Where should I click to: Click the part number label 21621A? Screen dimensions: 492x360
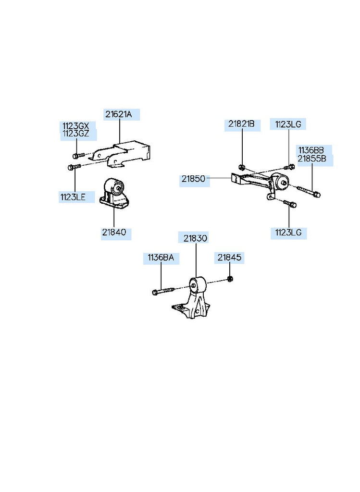[118, 114]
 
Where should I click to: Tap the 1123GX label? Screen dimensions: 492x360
[75, 126]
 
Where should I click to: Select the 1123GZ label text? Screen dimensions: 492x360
[75, 134]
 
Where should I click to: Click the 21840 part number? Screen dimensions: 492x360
[114, 233]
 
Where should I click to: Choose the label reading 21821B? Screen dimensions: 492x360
[241, 124]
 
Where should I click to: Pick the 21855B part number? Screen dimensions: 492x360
[312, 158]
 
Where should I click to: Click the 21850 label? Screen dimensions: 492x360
[193, 179]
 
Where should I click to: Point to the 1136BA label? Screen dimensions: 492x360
[160, 258]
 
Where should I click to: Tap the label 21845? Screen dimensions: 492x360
[229, 258]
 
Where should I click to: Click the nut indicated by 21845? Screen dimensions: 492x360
[230, 278]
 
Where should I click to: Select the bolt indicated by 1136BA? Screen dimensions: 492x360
[163, 291]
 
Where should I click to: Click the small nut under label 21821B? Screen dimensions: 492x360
[242, 167]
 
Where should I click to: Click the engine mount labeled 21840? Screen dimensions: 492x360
[114, 195]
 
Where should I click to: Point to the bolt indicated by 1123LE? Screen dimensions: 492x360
[73, 167]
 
